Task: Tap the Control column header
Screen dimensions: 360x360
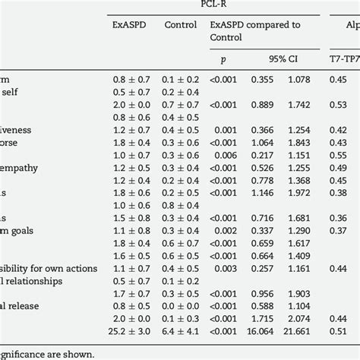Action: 181,24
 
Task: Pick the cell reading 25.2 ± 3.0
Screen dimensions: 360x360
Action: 130,332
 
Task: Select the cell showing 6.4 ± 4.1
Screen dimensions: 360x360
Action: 181,332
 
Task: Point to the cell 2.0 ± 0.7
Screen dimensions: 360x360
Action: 130,104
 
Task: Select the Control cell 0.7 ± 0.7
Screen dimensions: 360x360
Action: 181,104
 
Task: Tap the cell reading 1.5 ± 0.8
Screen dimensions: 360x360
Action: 130,218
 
